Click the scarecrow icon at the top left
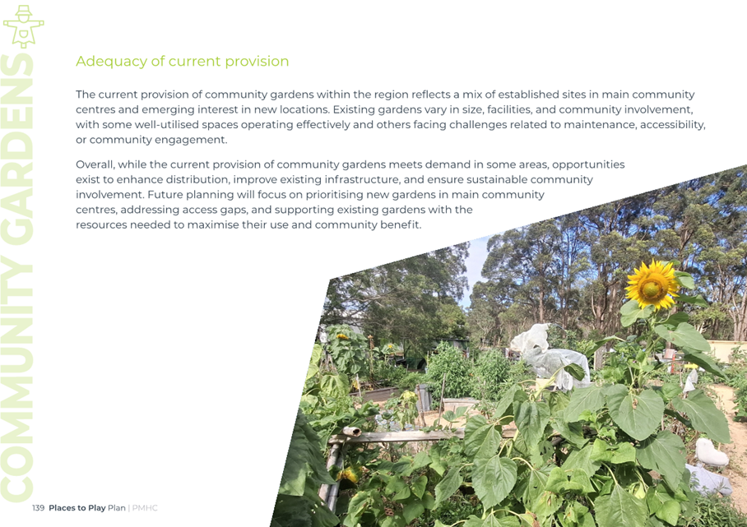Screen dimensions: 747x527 [23, 26]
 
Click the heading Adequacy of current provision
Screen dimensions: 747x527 [182, 62]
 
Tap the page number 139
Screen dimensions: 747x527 [38, 508]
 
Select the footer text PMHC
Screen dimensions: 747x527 [145, 508]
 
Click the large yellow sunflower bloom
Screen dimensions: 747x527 [652, 284]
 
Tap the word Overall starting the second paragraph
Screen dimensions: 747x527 [95, 164]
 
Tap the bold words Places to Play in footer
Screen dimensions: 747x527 [77, 508]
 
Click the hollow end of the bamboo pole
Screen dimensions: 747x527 [352, 432]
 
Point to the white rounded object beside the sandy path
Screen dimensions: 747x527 [711, 452]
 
